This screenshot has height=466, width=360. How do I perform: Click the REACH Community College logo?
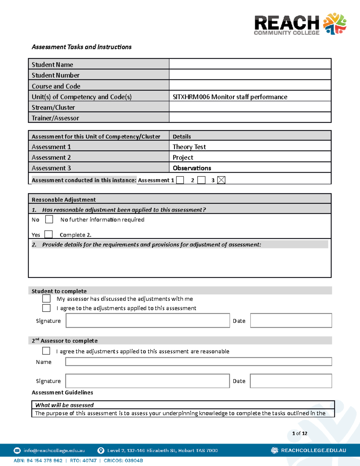[300, 24]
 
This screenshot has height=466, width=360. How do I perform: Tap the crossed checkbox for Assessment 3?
[221, 180]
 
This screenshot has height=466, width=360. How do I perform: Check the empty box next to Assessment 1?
[180, 180]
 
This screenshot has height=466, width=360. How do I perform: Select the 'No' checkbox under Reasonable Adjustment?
[49, 219]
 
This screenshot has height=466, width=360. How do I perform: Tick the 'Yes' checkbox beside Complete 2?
[48, 234]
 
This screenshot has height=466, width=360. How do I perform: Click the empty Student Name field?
[250, 64]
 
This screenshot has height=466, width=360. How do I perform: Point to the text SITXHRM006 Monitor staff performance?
[230, 97]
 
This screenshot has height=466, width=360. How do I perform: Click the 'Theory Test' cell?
[189, 147]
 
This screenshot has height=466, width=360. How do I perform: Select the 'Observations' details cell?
[192, 168]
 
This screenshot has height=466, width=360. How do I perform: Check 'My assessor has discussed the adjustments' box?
[46, 299]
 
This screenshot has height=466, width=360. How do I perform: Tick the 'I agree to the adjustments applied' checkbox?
[46, 308]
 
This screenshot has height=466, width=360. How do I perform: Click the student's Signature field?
[148, 320]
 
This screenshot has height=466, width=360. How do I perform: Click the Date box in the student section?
[291, 320]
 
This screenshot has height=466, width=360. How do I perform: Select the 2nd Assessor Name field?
[199, 362]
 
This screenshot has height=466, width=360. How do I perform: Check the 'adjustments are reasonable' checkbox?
[46, 351]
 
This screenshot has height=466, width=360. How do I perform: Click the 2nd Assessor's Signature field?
[148, 381]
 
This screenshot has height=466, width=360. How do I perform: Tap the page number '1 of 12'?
[299, 433]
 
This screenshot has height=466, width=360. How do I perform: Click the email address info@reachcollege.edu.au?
[54, 450]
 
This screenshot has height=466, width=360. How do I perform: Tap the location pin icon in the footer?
[101, 450]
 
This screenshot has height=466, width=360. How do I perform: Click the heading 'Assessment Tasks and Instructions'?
[82, 47]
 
